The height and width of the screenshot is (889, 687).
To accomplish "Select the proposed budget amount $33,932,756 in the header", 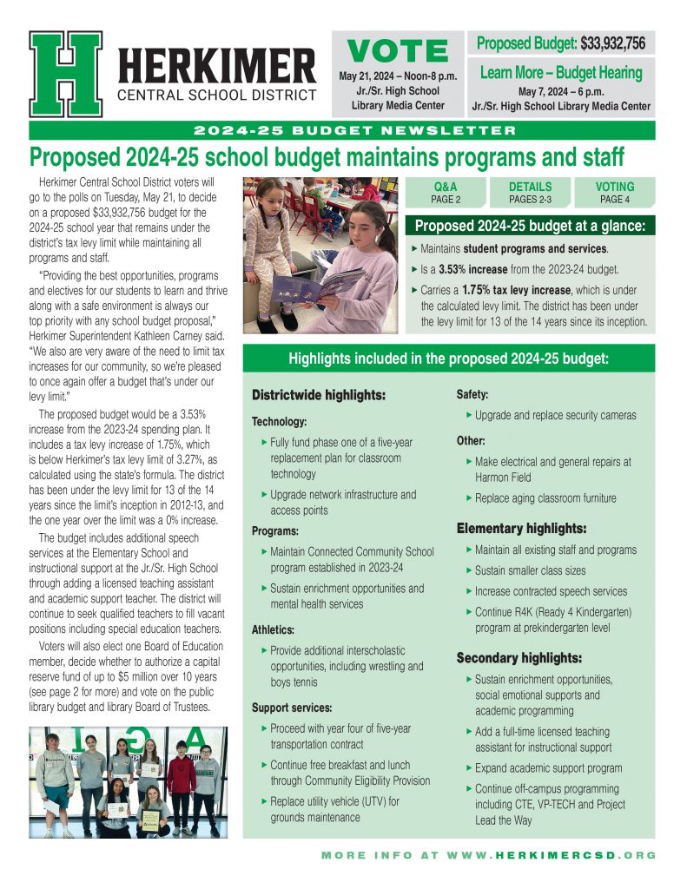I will (x=612, y=43).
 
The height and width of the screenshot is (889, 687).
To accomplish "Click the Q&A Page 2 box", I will (x=445, y=193).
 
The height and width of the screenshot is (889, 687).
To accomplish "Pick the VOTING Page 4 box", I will (x=615, y=193).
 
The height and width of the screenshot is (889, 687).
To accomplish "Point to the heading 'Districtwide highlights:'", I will (x=318, y=396).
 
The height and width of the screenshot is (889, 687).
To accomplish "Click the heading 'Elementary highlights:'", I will (x=522, y=528).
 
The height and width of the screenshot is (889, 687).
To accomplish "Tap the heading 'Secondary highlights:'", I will (x=519, y=658).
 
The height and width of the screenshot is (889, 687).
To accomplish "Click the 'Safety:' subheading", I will (x=472, y=395).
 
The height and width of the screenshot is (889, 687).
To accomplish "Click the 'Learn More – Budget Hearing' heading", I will (x=561, y=73).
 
